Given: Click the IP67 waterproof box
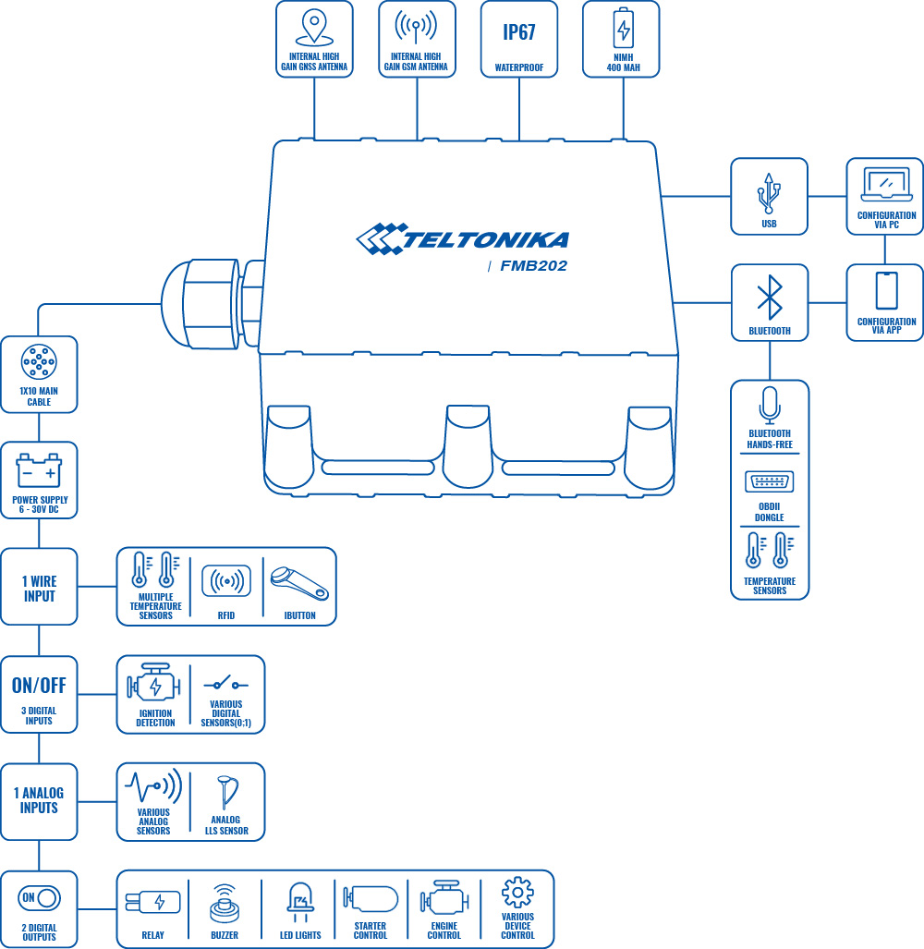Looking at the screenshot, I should (518, 38).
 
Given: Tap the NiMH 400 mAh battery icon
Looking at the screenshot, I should (624, 29).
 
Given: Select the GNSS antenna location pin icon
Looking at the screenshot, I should (315, 27).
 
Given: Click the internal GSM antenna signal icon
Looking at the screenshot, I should (416, 28).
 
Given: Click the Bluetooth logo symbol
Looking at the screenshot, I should (769, 297).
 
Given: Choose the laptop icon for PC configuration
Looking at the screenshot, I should (885, 185).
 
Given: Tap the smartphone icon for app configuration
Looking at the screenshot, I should (885, 291).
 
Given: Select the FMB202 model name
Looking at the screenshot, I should (533, 266).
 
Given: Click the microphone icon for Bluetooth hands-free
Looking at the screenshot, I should (769, 405).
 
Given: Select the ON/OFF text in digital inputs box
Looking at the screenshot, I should (39, 686).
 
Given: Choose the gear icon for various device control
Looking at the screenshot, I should (517, 893).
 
